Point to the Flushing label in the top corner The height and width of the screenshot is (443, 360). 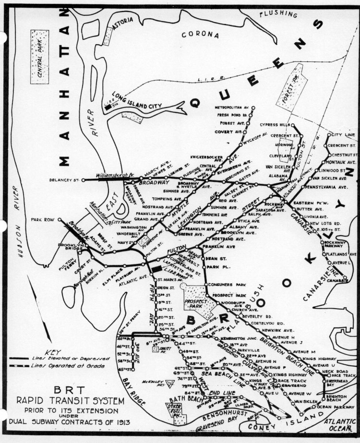point(278,14)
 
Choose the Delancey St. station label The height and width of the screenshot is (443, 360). point(64,180)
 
